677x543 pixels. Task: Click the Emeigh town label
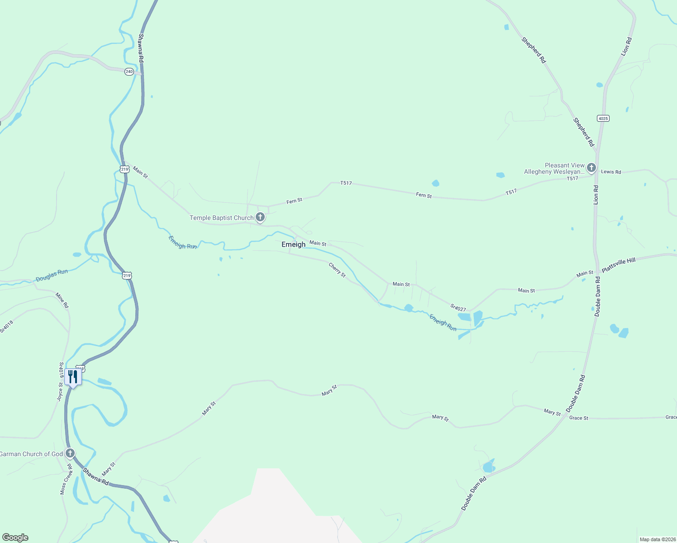pyautogui.click(x=293, y=244)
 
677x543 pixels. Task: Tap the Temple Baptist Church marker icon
pyautogui.click(x=260, y=217)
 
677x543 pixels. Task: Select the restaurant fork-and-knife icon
pyautogui.click(x=73, y=377)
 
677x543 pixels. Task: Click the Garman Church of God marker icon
pyautogui.click(x=70, y=453)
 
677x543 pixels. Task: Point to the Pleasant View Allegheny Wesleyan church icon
pyautogui.click(x=591, y=168)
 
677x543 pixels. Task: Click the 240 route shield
pyautogui.click(x=129, y=71)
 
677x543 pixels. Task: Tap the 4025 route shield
pyautogui.click(x=603, y=119)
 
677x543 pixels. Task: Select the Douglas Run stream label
pyautogui.click(x=52, y=275)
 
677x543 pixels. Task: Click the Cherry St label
pyautogui.click(x=337, y=270)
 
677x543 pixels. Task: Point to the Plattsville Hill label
pyautogui.click(x=619, y=264)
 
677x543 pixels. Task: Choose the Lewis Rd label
pyautogui.click(x=611, y=172)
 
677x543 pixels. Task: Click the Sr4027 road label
pyautogui.click(x=458, y=308)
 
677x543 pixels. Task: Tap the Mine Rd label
pyautogui.click(x=62, y=300)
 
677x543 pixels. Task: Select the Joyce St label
pyautogui.click(x=60, y=392)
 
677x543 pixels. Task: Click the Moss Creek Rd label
pyautogui.click(x=66, y=479)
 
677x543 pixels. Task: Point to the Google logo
pyautogui.click(x=15, y=538)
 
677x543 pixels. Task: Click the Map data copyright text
pyautogui.click(x=658, y=539)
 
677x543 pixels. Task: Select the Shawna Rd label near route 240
pyautogui.click(x=141, y=48)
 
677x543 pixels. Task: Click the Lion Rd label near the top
pyautogui.click(x=626, y=47)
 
